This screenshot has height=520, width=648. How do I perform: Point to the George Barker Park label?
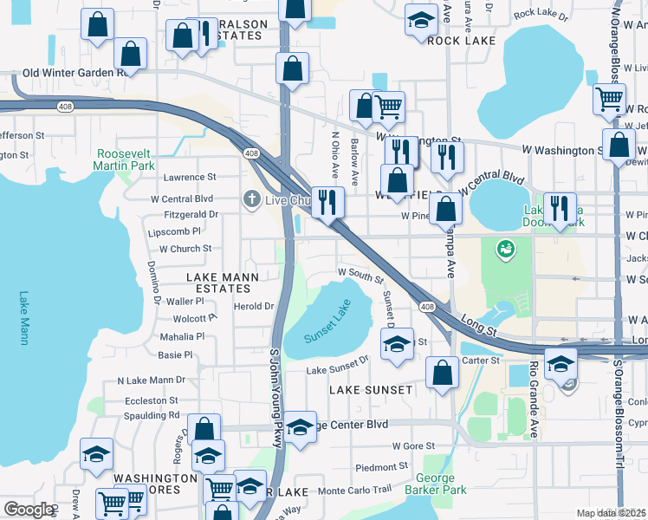[x=435, y=484]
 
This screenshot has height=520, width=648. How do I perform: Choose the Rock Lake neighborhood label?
[x=462, y=41]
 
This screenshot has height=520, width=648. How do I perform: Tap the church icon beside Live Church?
[x=252, y=199]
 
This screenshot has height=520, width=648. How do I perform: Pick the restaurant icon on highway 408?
[x=327, y=202]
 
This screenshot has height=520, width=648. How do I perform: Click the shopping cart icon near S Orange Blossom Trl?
[x=610, y=98]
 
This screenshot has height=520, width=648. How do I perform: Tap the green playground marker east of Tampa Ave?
[x=503, y=250]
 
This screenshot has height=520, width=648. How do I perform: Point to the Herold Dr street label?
[x=253, y=306]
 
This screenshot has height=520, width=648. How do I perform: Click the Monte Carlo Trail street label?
[x=355, y=490]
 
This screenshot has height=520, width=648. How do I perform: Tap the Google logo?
[x=29, y=509]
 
